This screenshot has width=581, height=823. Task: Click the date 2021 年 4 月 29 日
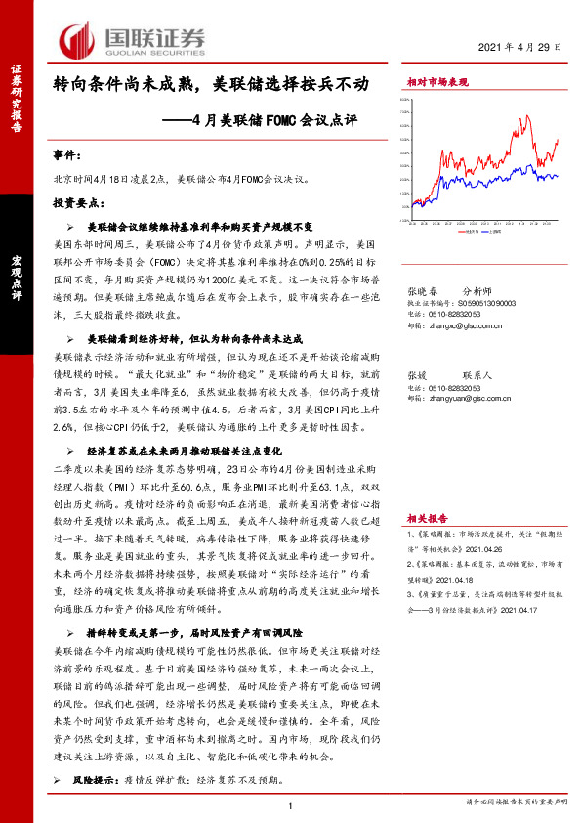522,48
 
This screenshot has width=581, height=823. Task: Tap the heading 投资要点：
78,202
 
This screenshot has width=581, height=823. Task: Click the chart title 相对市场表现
436,83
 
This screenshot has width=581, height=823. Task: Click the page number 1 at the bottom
291,805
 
